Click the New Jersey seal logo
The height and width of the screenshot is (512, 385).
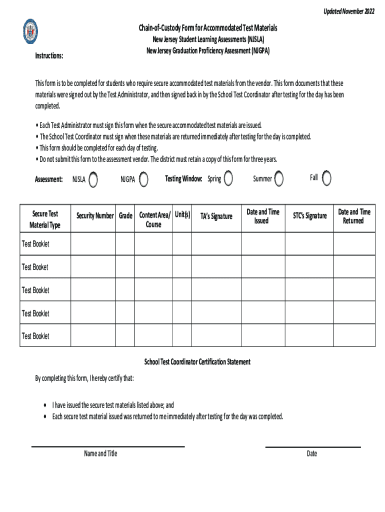pyautogui.click(x=31, y=31)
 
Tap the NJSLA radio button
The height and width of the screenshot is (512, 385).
pyautogui.click(x=93, y=179)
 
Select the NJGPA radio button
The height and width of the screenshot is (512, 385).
pyautogui.click(x=143, y=179)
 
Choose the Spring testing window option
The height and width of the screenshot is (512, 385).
pyautogui.click(x=228, y=178)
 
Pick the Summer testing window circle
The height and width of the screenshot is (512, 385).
pyautogui.click(x=279, y=178)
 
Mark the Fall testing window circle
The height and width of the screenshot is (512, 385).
pyautogui.click(x=326, y=178)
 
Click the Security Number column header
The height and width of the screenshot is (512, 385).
pyautogui.click(x=95, y=216)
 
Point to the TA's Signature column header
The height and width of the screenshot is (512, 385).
pyautogui.click(x=216, y=216)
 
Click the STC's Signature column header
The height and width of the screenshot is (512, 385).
pyautogui.click(x=309, y=216)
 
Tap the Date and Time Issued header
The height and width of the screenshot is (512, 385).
pyautogui.click(x=263, y=216)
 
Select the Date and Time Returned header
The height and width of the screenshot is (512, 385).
pyautogui.click(x=354, y=216)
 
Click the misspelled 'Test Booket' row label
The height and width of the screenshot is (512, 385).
pyautogui.click(x=35, y=267)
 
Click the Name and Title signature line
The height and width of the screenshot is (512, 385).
pyautogui.click(x=108, y=446)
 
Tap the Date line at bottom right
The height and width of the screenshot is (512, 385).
pyautogui.click(x=312, y=446)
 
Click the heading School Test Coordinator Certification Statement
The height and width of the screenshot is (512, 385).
pyautogui.click(x=197, y=361)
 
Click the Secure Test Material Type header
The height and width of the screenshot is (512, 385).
pyautogui.click(x=45, y=219)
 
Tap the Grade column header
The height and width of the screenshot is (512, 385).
pyautogui.click(x=125, y=216)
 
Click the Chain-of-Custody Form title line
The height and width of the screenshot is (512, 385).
pyautogui.click(x=208, y=28)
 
